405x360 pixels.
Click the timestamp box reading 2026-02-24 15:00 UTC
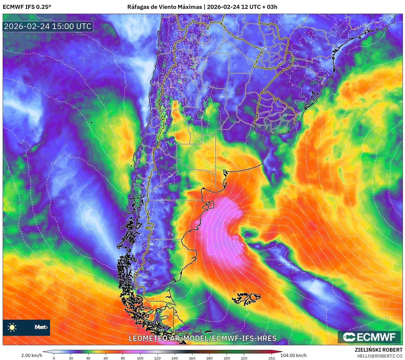48,26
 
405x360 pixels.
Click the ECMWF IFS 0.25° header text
27,7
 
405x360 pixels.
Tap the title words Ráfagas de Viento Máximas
164,7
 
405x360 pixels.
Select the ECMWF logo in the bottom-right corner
369,337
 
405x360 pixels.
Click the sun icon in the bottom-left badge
12,327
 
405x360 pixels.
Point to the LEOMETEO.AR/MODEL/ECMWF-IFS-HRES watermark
202,338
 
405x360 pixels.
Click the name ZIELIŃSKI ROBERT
378,350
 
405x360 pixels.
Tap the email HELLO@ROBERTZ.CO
379,356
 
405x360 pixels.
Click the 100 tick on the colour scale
140,358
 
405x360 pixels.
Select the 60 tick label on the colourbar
105,358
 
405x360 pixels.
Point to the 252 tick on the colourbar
272,358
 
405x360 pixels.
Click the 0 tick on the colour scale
54,358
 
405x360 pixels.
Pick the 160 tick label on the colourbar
192,358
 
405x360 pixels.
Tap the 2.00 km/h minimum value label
32,355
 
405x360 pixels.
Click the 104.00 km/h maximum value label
293,355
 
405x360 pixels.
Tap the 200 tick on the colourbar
227,358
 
